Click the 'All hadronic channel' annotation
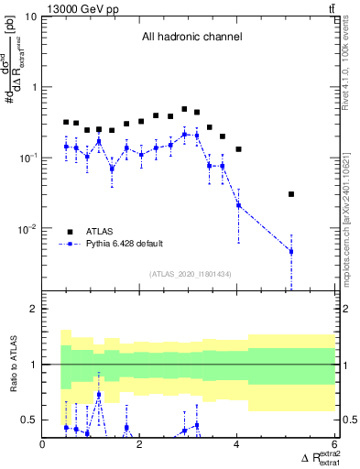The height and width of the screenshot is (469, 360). (x=191, y=38)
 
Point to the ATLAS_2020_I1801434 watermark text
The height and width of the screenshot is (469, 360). (x=189, y=273)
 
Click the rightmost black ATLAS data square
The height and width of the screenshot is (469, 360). (x=291, y=194)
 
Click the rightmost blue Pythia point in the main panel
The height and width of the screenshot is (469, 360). (x=291, y=251)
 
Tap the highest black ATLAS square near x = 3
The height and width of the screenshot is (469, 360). (x=185, y=109)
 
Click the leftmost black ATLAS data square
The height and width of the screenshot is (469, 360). (x=66, y=122)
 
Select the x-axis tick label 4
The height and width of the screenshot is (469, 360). (x=238, y=445)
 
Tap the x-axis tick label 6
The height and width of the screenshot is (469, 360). (x=334, y=445)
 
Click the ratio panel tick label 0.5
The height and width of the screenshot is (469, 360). (x=29, y=420)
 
